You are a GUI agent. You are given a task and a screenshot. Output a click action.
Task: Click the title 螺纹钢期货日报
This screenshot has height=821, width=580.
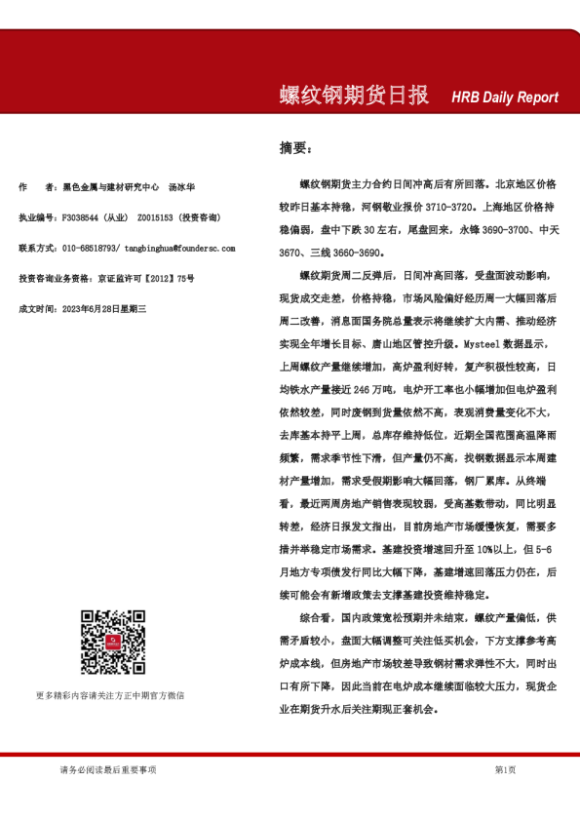pos(354,96)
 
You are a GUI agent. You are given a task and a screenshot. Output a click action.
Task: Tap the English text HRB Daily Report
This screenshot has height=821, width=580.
pos(505,98)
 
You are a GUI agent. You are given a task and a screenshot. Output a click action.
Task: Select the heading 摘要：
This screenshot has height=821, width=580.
pos(296,149)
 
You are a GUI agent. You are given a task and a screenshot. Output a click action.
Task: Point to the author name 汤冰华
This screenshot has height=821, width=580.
pos(181,186)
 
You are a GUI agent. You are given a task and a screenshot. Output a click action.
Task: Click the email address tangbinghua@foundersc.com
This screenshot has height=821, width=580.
pos(179,248)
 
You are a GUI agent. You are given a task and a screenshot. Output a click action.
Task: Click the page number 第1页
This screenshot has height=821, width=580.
pos(505,769)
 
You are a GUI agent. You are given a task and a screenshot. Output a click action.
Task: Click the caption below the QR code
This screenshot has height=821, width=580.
pos(109,695)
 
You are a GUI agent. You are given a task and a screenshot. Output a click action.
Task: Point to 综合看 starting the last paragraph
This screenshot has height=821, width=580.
pos(316,618)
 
